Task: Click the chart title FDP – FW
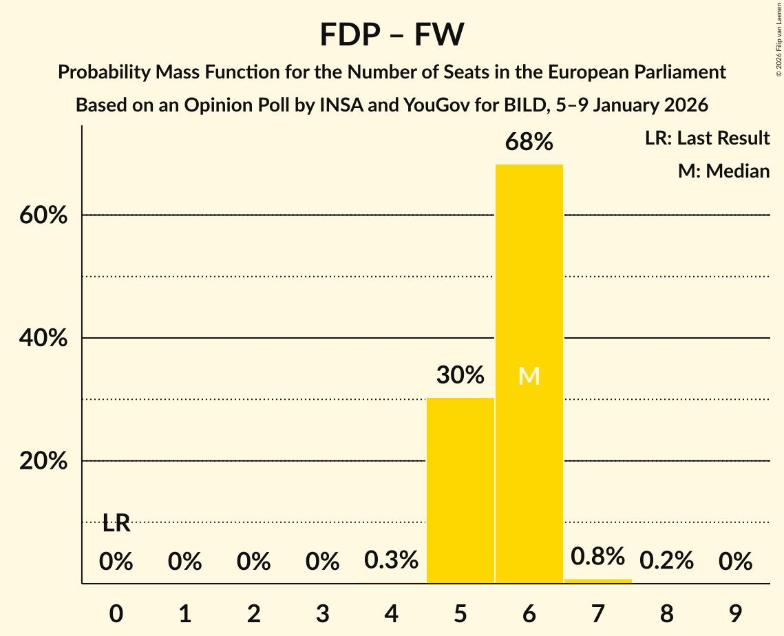392,34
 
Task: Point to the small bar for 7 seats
597,581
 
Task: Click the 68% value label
529,142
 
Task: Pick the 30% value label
460,375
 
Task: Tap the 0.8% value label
597,556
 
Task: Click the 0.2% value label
666,561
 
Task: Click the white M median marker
529,376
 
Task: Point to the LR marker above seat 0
116,524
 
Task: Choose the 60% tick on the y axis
43,215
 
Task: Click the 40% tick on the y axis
43,339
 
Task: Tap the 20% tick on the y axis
43,461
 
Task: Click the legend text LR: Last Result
707,138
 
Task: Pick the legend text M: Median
723,171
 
